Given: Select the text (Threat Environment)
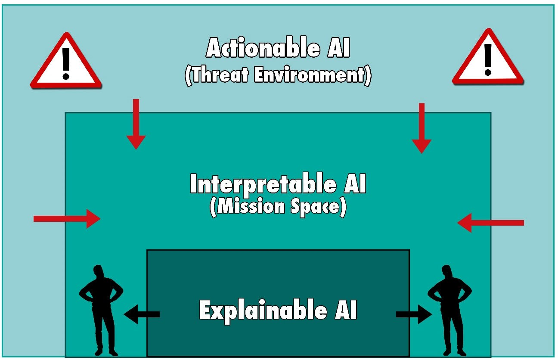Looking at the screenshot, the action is click(278, 75).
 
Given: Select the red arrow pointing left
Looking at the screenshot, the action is click(490, 223).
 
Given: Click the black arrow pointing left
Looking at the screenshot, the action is click(142, 314).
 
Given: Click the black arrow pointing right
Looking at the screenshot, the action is click(414, 314).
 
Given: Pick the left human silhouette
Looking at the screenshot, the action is click(101, 310).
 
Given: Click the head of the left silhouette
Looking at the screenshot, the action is click(99, 273).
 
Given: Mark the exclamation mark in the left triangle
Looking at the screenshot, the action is click(65, 63).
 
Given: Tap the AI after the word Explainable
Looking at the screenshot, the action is click(344, 310).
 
